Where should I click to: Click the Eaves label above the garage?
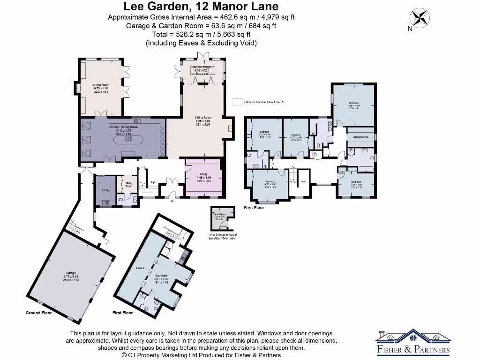(140, 268)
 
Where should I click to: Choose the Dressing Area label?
(360, 137)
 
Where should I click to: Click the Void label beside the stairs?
(304, 181)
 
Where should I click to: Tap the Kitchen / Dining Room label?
(123, 127)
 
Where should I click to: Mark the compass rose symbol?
(420, 18)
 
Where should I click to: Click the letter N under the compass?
(409, 29)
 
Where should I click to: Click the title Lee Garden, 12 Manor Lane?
(201, 7)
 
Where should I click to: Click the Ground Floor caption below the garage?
(38, 313)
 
